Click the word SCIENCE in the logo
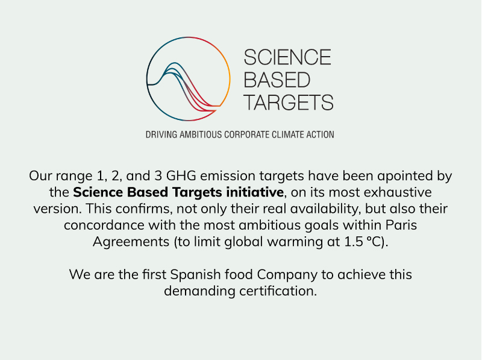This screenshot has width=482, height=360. click(x=287, y=57)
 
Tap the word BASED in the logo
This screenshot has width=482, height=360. click(x=277, y=80)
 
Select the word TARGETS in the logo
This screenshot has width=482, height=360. click(x=289, y=103)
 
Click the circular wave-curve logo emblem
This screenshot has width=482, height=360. click(x=188, y=37)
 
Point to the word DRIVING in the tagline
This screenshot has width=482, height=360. click(x=161, y=134)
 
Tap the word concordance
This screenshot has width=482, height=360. click(x=104, y=226)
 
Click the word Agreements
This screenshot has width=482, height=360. click(x=131, y=242)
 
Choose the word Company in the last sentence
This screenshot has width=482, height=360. click(x=287, y=275)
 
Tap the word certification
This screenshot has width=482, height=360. click(x=278, y=291)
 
